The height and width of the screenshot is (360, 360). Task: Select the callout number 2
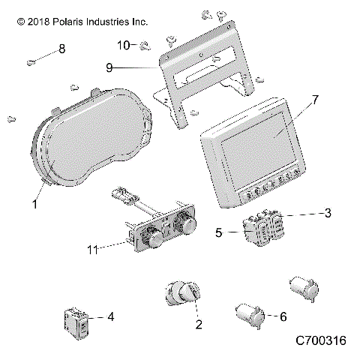click(177, 325)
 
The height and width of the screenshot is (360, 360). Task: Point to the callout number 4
click(111, 317)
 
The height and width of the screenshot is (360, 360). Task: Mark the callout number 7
click(314, 100)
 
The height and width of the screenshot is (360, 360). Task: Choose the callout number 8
click(61, 49)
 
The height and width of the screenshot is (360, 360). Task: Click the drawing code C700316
click(319, 341)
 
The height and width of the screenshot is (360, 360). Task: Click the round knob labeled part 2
click(180, 293)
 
